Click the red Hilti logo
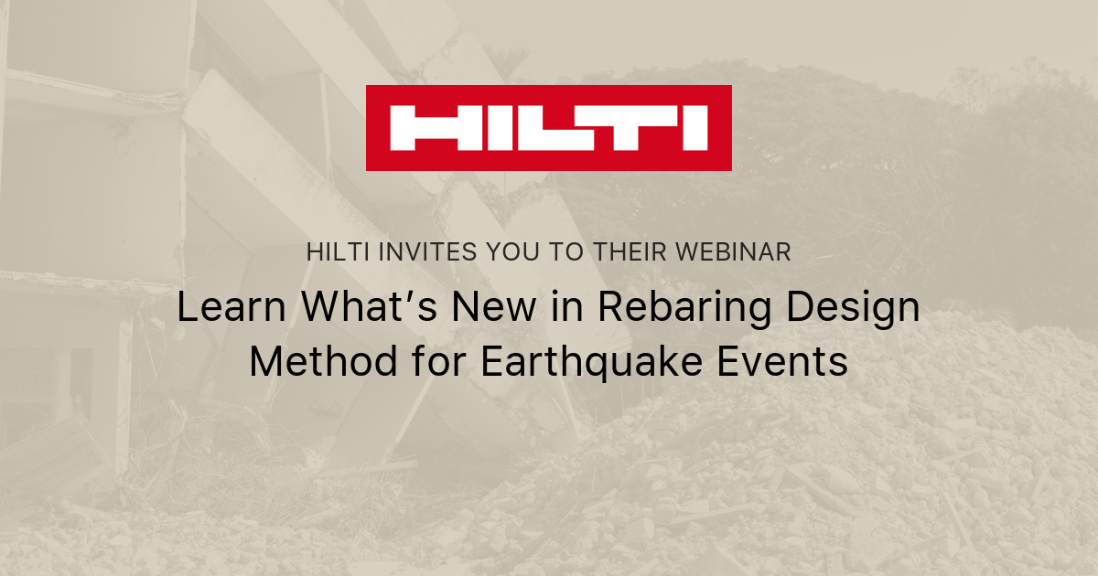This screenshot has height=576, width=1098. point(548,128)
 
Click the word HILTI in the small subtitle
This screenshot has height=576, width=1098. point(337,253)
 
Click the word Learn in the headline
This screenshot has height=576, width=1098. point(221,308)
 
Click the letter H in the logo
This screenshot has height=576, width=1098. point(422,128)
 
